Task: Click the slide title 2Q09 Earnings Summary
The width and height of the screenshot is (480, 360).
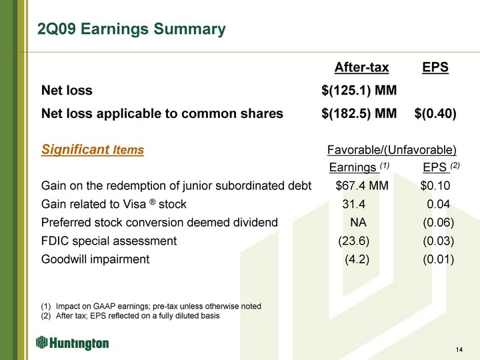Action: coord(131,29)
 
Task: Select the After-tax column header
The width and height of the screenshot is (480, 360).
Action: coord(361,67)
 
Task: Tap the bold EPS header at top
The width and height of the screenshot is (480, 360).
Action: coord(435,67)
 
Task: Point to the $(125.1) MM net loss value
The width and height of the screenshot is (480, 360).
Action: coord(359,90)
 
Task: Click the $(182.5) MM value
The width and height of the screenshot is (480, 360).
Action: coord(359,113)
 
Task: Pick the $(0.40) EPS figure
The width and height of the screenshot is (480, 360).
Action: coord(435,113)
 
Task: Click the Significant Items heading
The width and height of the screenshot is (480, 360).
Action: coord(93,150)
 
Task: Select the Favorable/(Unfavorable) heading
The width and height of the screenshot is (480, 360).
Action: coord(392,150)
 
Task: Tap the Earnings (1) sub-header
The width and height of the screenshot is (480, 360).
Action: coord(359,167)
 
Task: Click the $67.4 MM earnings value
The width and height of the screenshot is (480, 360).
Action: coord(362,185)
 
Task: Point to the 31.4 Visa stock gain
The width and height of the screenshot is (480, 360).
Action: coord(353,204)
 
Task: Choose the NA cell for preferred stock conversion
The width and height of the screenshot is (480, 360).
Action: coord(358,222)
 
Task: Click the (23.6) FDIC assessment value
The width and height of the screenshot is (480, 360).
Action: coord(353,241)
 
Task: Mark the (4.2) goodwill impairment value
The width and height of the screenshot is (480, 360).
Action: coord(357,259)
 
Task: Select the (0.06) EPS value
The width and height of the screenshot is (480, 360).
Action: coord(439,223)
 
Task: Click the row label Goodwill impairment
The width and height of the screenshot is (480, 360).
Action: coord(95,259)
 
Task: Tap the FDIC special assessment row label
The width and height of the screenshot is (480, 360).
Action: coord(109,241)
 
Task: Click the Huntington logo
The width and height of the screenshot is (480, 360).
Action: coord(72,343)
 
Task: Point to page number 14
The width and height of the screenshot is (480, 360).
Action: coord(459,349)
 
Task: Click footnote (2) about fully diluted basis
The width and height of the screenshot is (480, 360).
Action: coord(131,316)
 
